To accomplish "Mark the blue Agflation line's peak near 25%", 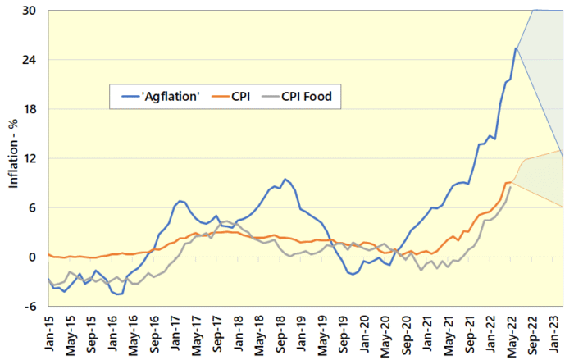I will [x=516, y=48].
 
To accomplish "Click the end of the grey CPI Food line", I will [x=511, y=187].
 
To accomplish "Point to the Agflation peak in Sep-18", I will [x=285, y=179].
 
